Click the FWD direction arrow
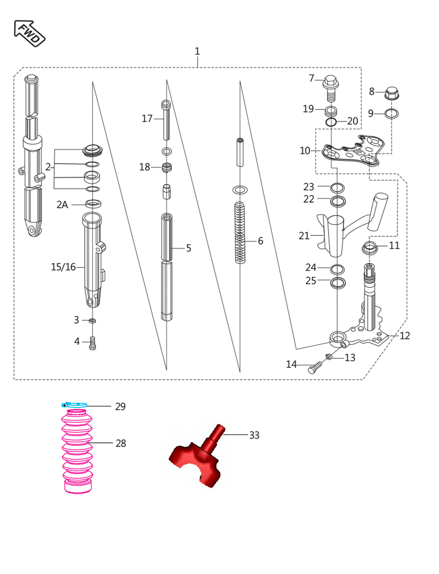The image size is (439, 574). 29,33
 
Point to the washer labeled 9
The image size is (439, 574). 391,114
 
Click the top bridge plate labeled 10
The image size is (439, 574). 353,151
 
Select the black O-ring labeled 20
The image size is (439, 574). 331,122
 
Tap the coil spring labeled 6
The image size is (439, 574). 240,233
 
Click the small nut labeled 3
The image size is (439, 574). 92,321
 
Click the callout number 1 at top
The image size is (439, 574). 197,51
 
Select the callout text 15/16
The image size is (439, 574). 63,267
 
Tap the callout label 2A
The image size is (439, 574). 62,205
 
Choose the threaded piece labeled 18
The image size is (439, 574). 167,167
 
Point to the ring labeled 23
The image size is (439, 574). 337,188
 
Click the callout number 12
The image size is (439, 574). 405,336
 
